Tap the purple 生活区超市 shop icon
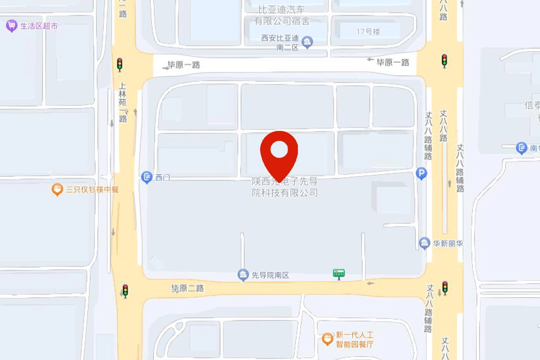(x=11, y=26)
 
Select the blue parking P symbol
(x=422, y=173)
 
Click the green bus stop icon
(x=339, y=274)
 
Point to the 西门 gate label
(x=162, y=178)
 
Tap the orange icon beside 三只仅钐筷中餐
(x=57, y=189)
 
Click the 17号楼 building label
(x=368, y=31)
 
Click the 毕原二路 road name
(x=187, y=288)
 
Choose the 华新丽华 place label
(x=448, y=243)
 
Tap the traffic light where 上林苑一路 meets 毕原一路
(x=120, y=64)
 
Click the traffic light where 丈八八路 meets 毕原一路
(x=444, y=61)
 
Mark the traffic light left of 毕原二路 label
(x=125, y=290)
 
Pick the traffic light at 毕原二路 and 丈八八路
(x=445, y=288)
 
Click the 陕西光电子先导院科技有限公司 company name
(x=284, y=187)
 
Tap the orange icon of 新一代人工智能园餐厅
(x=328, y=339)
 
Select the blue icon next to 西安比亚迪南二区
(x=308, y=42)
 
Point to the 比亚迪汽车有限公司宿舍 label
(x=282, y=15)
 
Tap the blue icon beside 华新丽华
(x=424, y=243)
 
